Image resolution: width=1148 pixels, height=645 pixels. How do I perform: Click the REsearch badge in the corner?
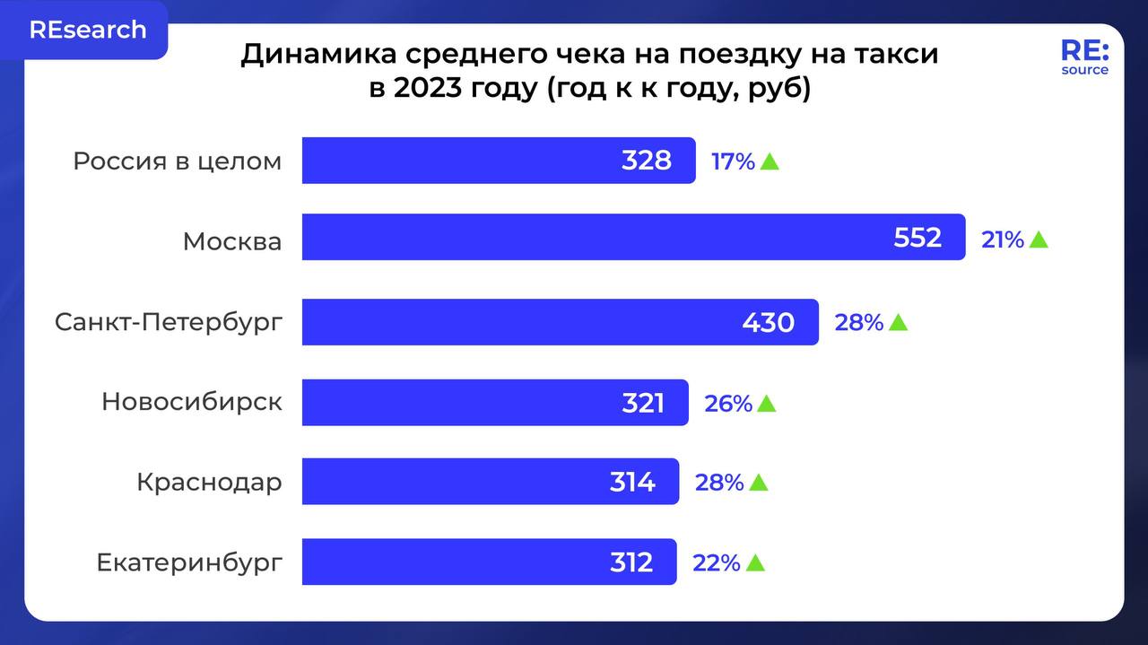87,30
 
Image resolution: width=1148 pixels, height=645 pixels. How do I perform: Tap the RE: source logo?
1084,57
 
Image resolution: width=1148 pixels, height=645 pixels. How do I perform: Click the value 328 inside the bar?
646,161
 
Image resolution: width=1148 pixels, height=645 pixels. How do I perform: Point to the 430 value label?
768,323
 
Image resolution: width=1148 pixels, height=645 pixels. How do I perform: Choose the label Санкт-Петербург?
168,323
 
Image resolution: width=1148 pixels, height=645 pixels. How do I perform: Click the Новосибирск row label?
191,402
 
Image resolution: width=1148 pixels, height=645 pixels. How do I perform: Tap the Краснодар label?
209,482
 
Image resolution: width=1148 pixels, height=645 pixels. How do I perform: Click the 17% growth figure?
732,162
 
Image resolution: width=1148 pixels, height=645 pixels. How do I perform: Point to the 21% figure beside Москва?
1002,240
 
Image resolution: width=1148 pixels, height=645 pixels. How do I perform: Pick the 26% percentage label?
727,404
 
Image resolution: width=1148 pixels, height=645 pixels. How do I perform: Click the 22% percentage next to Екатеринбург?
716,563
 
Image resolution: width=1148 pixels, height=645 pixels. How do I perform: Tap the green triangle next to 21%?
1039,239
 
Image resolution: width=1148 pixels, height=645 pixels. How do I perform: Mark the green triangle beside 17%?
769,162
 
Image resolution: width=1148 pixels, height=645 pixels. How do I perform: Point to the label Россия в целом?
177,161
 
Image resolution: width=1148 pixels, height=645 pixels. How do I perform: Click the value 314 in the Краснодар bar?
632,483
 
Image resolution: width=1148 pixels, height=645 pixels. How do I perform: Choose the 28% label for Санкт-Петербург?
858,323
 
